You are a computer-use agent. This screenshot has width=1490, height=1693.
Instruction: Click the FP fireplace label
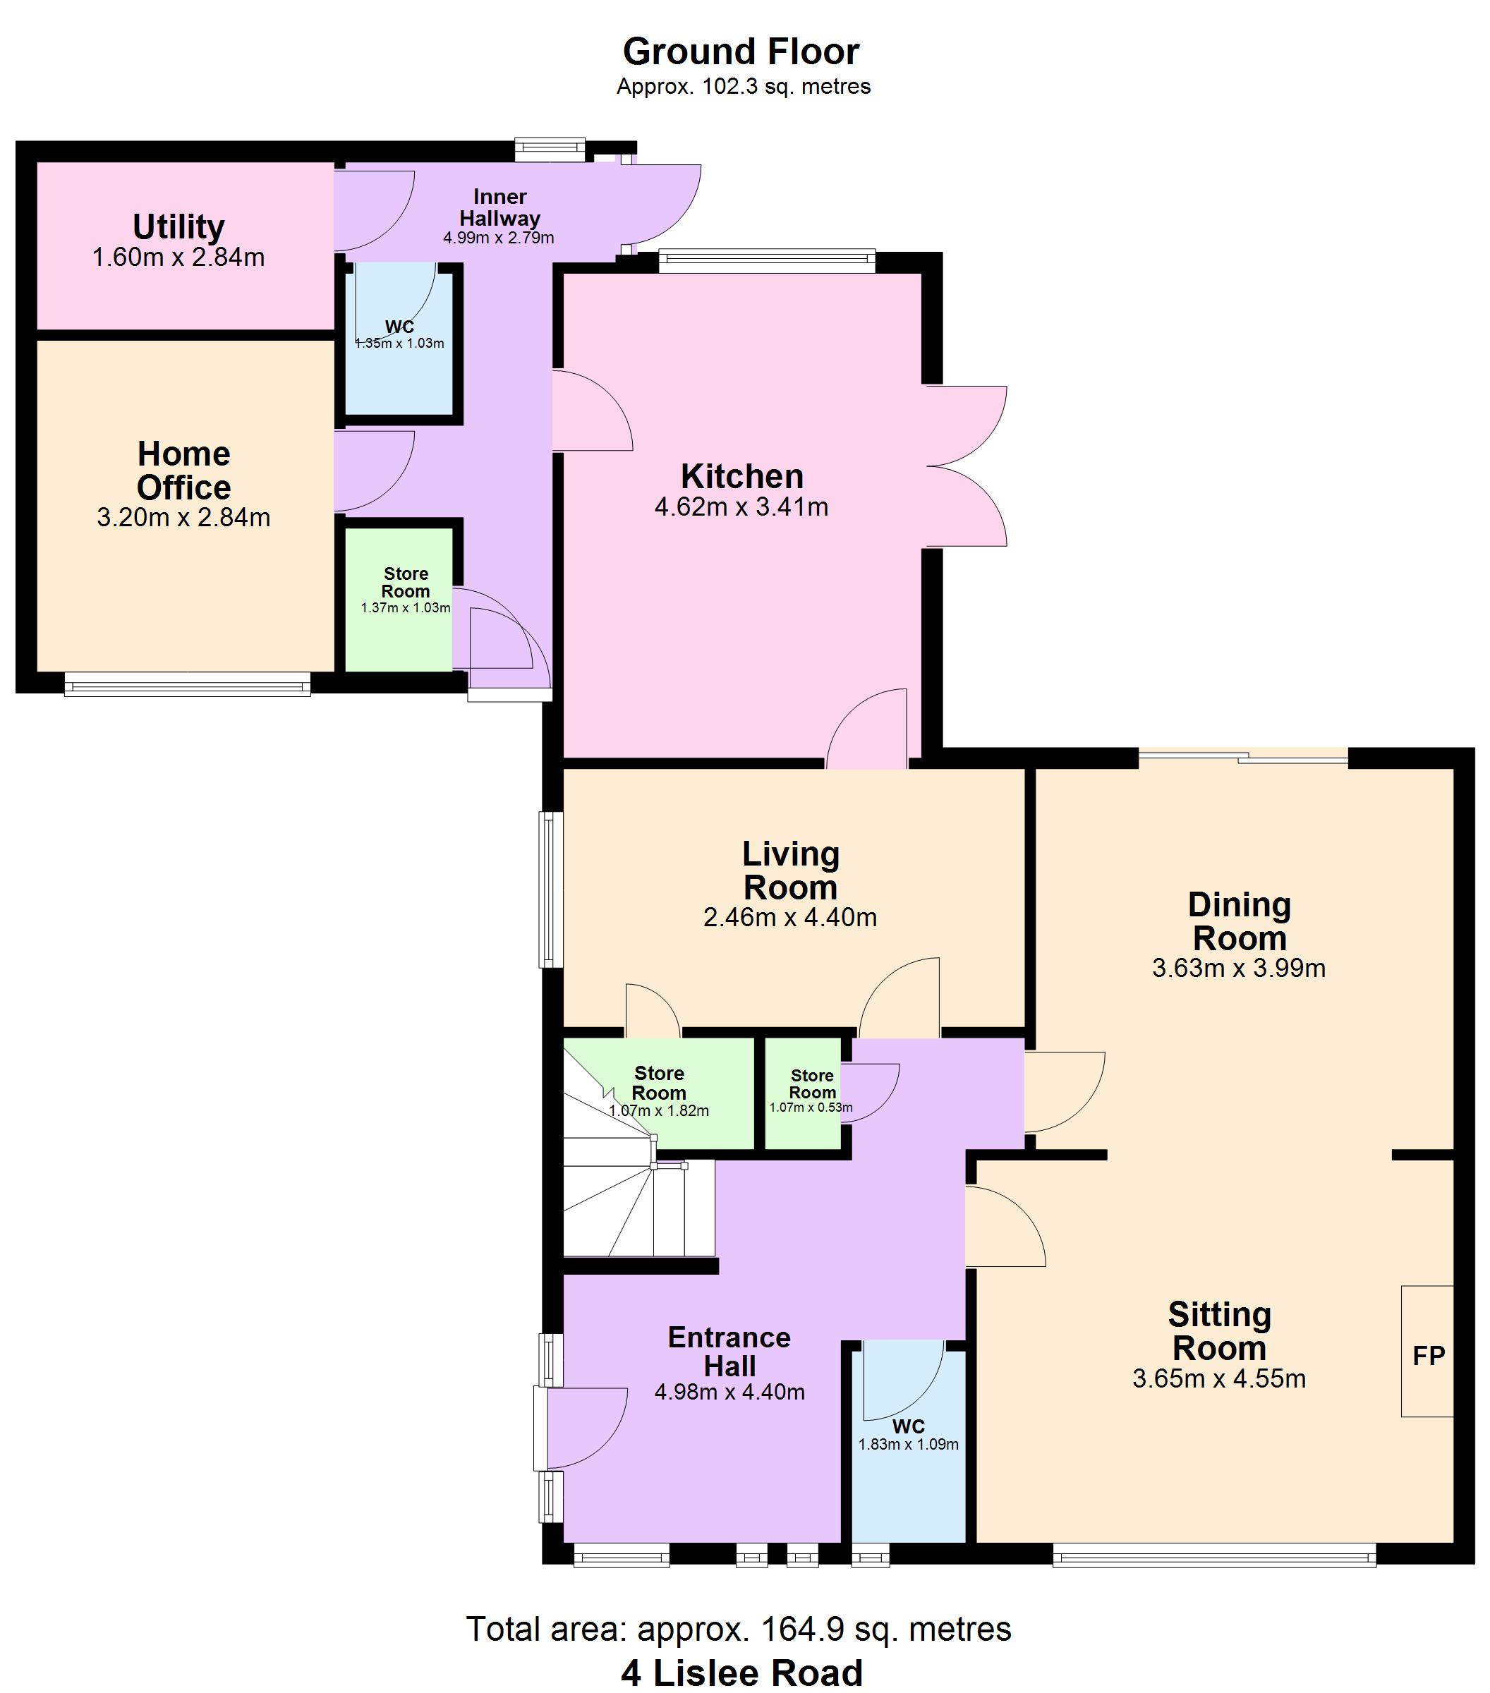point(1428,1356)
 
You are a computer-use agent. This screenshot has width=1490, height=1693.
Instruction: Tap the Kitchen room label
point(742,477)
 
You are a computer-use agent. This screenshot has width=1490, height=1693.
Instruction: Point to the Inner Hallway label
point(499,208)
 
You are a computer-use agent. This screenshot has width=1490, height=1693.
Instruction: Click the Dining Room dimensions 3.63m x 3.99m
point(1238,969)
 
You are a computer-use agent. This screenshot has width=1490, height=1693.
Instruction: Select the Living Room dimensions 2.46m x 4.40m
point(789,918)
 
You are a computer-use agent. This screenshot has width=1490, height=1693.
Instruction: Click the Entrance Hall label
point(729,1352)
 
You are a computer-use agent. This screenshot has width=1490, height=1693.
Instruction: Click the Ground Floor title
point(741,51)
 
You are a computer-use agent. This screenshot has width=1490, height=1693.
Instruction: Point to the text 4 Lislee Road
point(741,1673)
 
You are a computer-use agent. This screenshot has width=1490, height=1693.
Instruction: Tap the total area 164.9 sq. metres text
point(739,1630)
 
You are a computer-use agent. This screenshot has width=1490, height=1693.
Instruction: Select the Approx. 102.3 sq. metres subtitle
point(743,87)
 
